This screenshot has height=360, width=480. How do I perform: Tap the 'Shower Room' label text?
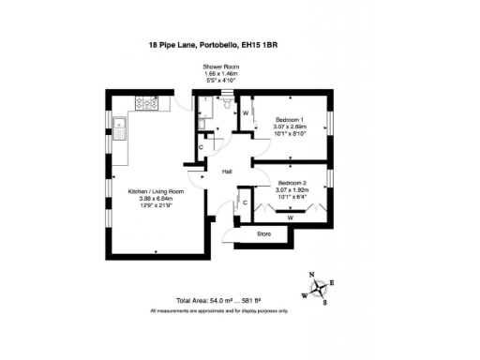[220, 67]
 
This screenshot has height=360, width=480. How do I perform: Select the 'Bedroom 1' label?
[289, 120]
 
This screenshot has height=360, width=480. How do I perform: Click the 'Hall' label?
[227, 172]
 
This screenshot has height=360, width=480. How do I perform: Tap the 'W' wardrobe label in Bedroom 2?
[291, 217]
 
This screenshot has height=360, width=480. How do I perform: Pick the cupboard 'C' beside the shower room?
[201, 147]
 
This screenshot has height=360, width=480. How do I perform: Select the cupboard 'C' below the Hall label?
[245, 202]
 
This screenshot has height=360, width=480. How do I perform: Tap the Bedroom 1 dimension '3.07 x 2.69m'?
[289, 127]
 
